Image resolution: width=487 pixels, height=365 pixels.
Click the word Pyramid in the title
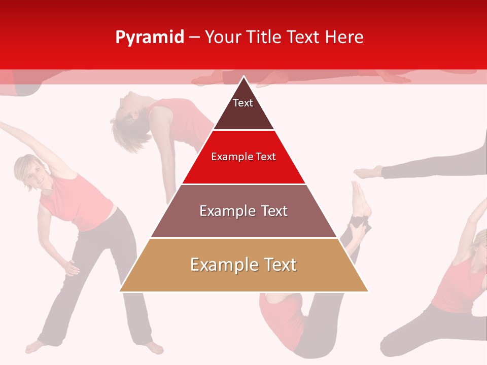[150, 38]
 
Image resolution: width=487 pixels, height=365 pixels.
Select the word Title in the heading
[266, 37]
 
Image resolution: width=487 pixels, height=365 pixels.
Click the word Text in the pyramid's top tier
[242, 103]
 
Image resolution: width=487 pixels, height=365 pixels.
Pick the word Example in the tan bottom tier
[219, 265]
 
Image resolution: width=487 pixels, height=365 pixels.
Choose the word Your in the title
[223, 37]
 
